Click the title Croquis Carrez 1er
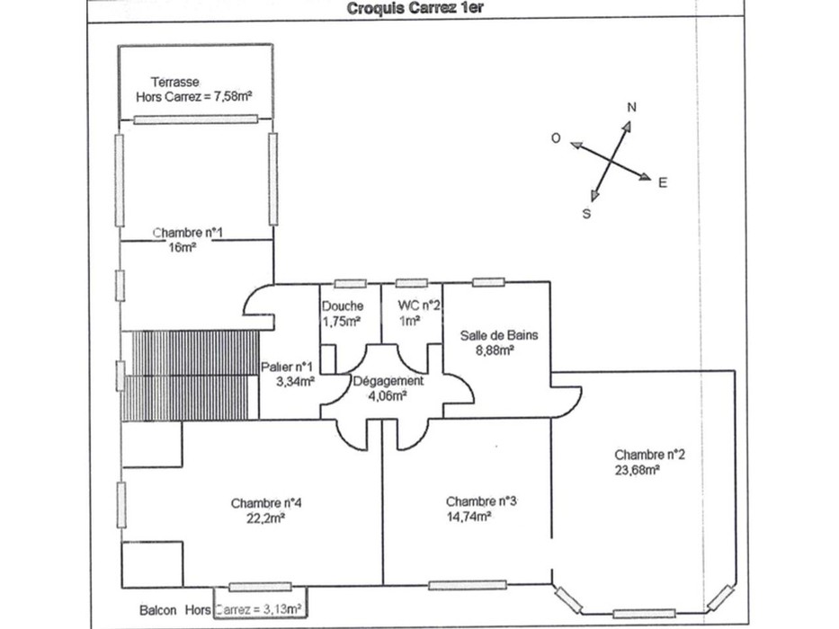415,9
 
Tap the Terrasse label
175,83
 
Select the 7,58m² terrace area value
232,97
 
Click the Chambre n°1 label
188,233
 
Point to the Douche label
343,306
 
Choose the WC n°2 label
419,306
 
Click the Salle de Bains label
499,335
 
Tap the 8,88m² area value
495,350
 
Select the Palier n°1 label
286,367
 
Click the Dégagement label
388,381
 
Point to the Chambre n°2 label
649,455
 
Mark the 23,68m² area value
637,470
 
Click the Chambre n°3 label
482,501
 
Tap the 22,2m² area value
265,518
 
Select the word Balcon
158,610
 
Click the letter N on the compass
631,108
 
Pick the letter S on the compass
586,214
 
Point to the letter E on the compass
663,183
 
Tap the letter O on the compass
556,138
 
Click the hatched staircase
191,375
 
